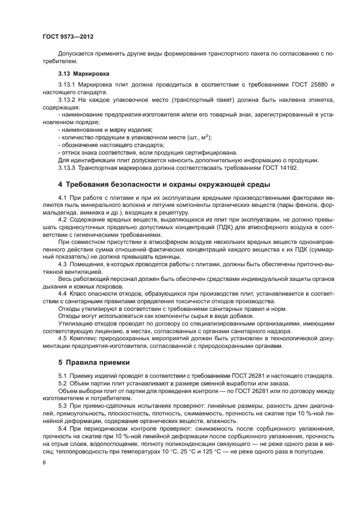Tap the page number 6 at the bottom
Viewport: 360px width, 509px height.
click(43, 462)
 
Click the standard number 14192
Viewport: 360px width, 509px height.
click(288, 168)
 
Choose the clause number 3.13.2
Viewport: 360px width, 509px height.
click(67, 100)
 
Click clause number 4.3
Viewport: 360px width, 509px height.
click(62, 264)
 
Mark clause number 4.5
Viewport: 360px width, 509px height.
click(62, 340)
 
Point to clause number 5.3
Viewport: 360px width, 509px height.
click(62, 406)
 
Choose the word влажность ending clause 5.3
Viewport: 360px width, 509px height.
click(230, 421)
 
